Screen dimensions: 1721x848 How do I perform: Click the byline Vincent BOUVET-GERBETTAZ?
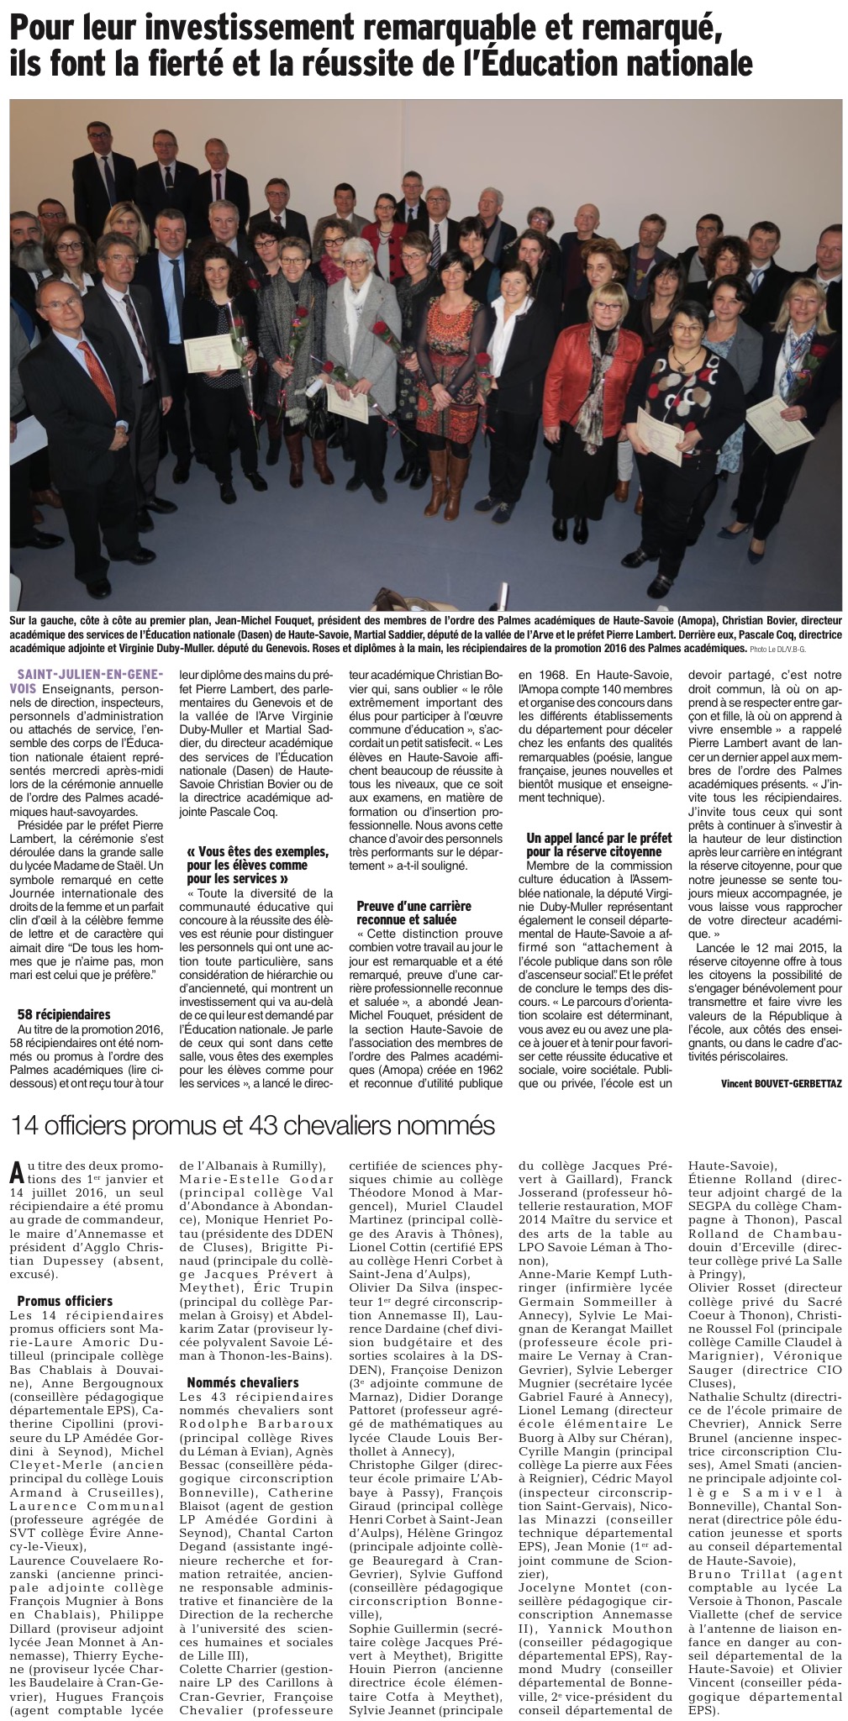(781, 1083)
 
